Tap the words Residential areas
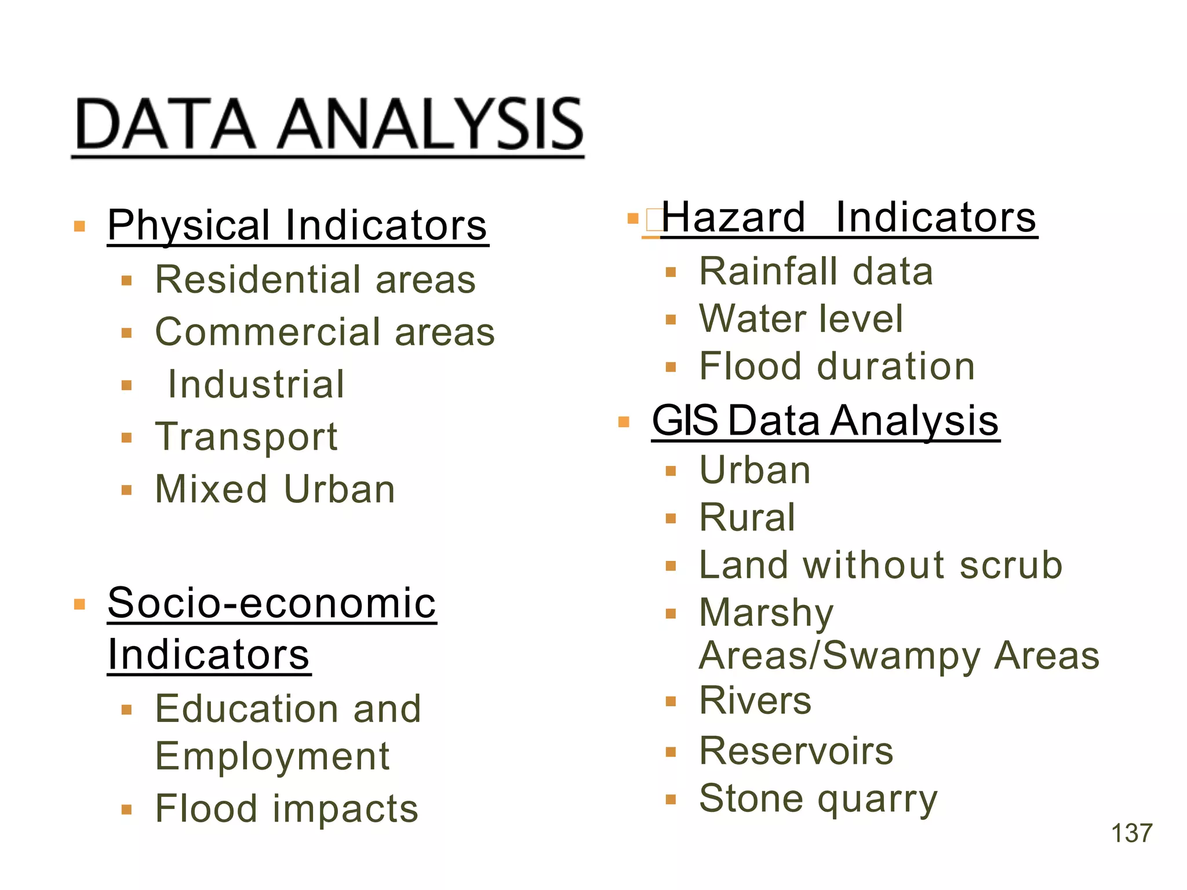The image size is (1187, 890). pos(315,279)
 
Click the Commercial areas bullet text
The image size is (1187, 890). pos(325,332)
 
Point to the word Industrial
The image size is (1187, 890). pos(256,384)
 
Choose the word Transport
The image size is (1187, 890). pos(246,436)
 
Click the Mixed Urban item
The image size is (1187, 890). pos(275,489)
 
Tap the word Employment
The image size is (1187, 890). pos(272,756)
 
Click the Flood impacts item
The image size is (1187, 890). pos(286,808)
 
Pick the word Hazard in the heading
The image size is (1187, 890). pos(734,217)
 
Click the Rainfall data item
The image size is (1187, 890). pos(816,271)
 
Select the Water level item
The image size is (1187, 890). pos(801,319)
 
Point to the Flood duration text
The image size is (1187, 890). pos(837,366)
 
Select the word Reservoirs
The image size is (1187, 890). pos(796,751)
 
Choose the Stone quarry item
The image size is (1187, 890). pos(818,798)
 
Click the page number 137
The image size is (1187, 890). pos(1131,833)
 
